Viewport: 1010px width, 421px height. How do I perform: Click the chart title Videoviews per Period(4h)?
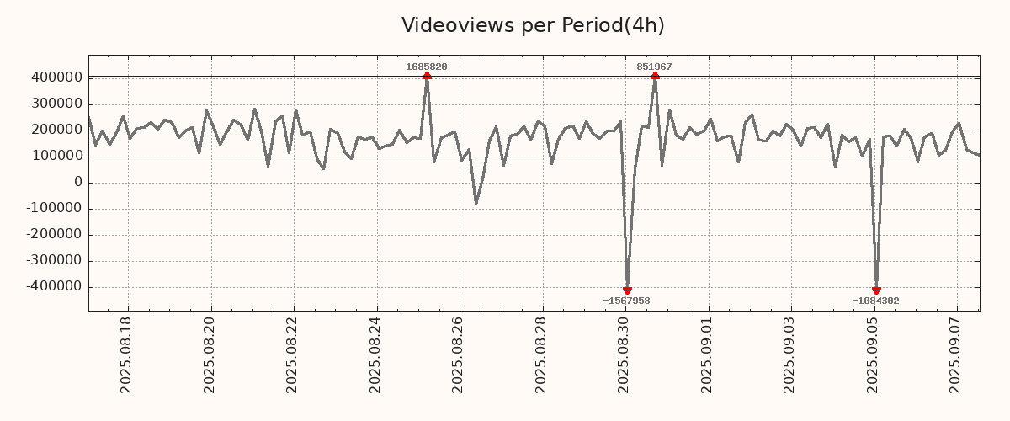pos(533,25)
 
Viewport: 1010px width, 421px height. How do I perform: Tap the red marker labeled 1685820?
pos(427,77)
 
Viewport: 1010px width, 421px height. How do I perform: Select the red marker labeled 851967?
pos(655,77)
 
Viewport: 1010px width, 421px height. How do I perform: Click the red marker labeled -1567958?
pos(627,290)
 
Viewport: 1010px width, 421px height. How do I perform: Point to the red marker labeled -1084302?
pos(876,290)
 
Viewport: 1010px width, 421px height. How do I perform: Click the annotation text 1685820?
pos(427,67)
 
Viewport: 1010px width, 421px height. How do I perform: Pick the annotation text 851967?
pos(654,67)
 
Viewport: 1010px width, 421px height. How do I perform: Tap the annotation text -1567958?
pos(626,301)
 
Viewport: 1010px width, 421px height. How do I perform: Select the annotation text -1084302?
pos(875,301)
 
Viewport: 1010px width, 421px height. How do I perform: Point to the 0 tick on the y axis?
pos(78,182)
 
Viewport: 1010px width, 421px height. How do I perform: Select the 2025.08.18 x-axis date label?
pos(126,354)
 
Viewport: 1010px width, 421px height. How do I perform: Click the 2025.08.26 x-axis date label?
pos(458,354)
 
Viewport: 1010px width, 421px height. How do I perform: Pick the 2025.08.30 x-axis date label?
pos(624,354)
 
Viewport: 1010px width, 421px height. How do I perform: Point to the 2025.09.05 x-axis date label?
pos(873,354)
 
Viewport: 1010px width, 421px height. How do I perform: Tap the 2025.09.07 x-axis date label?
pos(955,354)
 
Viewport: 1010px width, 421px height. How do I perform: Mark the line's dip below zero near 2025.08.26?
pos(476,204)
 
